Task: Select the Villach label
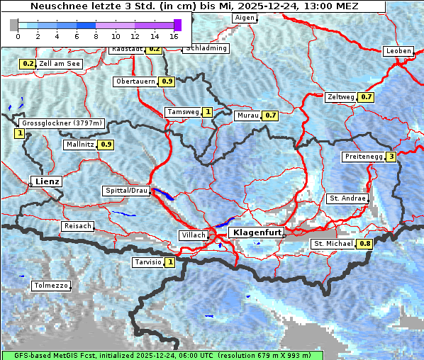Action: point(193,235)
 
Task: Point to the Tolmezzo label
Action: point(52,286)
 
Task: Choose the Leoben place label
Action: point(398,51)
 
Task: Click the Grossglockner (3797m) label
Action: point(62,123)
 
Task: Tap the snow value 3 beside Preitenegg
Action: point(391,157)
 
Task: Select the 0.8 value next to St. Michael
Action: point(364,244)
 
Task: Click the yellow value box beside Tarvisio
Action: point(170,262)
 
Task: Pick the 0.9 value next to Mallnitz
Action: point(106,145)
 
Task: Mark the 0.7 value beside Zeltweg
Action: point(366,96)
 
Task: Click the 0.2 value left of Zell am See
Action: point(28,63)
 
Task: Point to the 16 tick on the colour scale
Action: point(174,35)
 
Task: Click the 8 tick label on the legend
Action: point(96,35)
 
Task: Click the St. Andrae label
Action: point(347,198)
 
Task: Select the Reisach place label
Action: point(78,226)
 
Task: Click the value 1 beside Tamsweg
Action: point(208,112)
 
